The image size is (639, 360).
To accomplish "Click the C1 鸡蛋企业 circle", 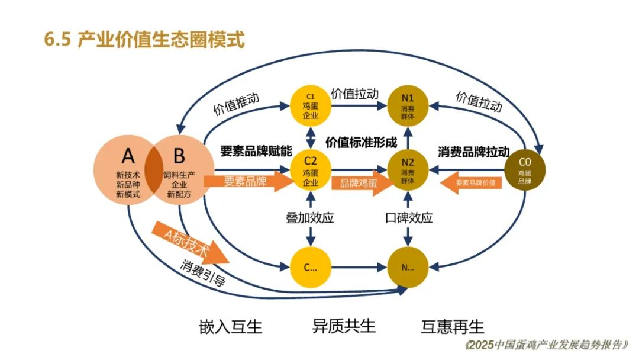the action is click(x=311, y=106).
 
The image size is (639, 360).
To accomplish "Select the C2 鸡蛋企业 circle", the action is click(x=311, y=170).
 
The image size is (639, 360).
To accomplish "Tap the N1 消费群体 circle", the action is click(x=408, y=106).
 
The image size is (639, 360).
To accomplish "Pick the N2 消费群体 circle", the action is click(x=408, y=170).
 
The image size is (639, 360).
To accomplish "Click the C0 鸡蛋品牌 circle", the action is click(x=525, y=170).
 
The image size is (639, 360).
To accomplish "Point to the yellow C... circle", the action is click(x=311, y=268).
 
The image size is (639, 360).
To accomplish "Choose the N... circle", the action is click(x=408, y=268).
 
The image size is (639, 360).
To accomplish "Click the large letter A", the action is click(x=128, y=156).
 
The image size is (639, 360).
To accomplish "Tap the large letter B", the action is click(x=179, y=156).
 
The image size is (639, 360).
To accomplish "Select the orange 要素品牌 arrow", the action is click(x=248, y=181).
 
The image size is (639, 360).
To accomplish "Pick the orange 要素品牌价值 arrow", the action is click(x=471, y=182).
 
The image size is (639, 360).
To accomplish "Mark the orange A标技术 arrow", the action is click(x=190, y=243).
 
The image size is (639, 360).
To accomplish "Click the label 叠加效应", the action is click(x=310, y=218).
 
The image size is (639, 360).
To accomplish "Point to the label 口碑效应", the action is click(x=409, y=218).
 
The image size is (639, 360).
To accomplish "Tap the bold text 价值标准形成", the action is click(x=361, y=142).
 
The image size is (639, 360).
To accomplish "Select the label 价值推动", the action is click(x=236, y=104).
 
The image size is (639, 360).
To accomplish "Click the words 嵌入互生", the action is click(x=231, y=327).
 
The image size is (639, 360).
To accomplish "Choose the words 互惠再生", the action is click(x=453, y=327).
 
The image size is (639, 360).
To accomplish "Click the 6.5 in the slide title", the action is click(x=57, y=40).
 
